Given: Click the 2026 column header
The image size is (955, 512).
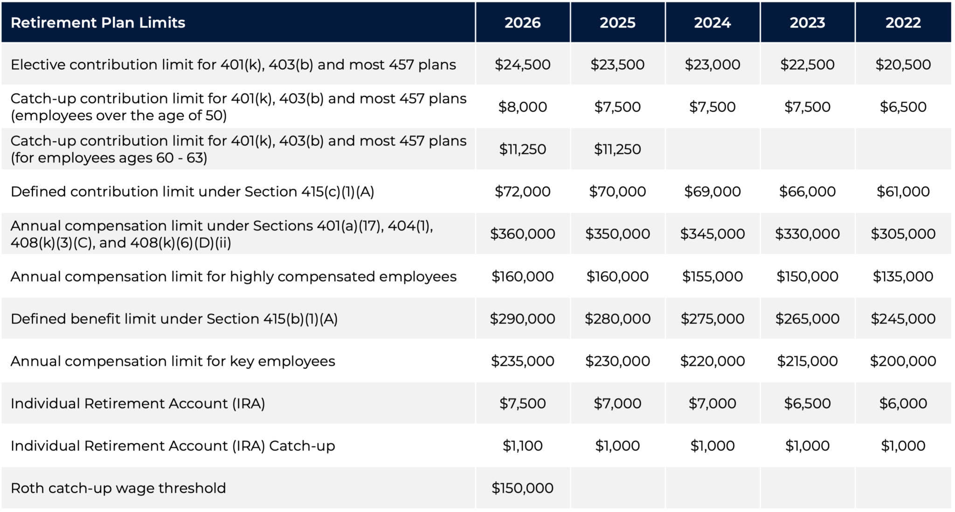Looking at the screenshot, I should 522,22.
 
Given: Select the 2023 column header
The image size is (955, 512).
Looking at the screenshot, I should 807,22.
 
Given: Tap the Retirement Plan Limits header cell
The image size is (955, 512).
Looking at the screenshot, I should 98,22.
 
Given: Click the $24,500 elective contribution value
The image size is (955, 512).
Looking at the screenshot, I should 522,64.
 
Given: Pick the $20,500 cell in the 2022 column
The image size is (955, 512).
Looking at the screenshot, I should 903,64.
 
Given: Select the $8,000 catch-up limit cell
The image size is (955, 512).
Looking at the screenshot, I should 522,107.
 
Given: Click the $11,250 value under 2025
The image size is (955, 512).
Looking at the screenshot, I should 617,149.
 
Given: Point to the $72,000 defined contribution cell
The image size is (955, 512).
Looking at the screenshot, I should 522,191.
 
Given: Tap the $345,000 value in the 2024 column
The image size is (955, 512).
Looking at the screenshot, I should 712,234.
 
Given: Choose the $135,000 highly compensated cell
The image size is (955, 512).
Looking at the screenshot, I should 903,276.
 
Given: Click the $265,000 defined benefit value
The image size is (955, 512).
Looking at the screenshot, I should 807,318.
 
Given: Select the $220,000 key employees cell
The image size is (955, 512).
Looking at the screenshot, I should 712,361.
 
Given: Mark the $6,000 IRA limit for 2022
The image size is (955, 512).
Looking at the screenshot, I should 903,403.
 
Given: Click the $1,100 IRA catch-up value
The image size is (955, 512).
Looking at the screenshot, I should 522,446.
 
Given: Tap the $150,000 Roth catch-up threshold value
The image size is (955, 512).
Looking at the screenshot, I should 522,488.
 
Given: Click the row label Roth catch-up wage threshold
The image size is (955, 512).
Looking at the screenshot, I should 118,488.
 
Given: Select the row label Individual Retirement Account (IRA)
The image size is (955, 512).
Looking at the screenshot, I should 138,403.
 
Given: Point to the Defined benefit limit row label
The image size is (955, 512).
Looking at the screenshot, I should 174,318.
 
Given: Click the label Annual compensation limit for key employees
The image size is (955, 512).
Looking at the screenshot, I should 173,361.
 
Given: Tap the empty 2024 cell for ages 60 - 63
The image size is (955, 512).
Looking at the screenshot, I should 712,149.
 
